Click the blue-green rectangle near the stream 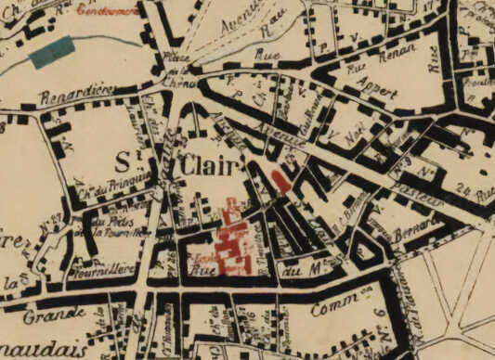(52, 54)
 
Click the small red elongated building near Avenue (281, 180)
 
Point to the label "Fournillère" (103, 270)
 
